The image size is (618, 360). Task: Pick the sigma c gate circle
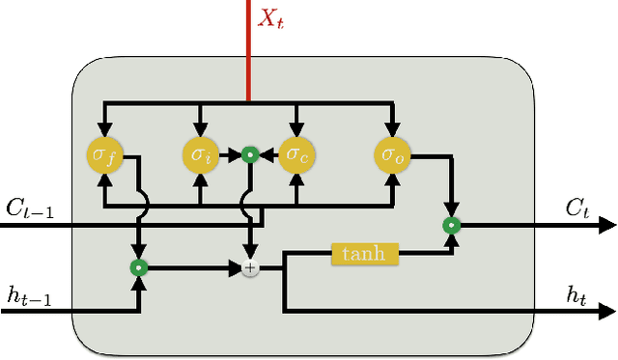pyautogui.click(x=296, y=153)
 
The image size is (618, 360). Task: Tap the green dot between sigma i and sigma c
pyautogui.click(x=249, y=153)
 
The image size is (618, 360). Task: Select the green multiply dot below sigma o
pyautogui.click(x=450, y=225)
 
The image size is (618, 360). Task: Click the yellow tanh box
pyautogui.click(x=364, y=254)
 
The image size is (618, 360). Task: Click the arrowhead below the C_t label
pyautogui.click(x=606, y=225)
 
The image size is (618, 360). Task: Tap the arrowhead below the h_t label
pyautogui.click(x=606, y=312)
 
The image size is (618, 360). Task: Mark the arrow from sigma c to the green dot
pyautogui.click(x=268, y=153)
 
